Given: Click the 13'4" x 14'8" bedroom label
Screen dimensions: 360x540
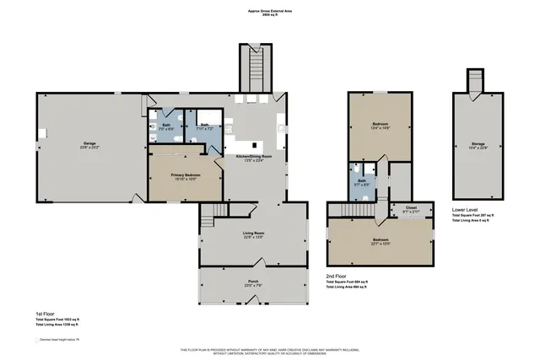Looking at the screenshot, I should click(x=380, y=126).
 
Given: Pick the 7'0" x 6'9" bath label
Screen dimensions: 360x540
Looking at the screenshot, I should click(x=166, y=126).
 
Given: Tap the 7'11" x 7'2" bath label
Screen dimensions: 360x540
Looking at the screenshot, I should click(x=203, y=126).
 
